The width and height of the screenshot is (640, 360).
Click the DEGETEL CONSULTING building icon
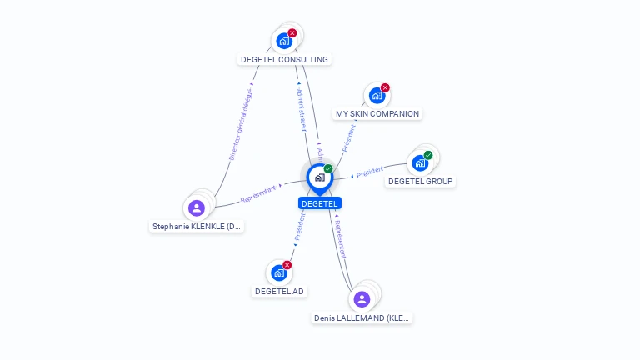tap(284, 41)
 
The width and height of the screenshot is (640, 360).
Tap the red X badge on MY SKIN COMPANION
tap(385, 87)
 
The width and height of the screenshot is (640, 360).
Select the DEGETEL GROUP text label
tap(421, 181)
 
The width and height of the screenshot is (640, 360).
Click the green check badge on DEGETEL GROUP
tap(428, 155)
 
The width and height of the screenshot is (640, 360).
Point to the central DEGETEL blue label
tap(320, 203)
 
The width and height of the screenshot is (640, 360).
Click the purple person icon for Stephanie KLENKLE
tap(197, 207)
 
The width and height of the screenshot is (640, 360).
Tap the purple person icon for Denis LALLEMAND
tap(362, 299)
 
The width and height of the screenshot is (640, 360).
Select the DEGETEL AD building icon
tap(279, 272)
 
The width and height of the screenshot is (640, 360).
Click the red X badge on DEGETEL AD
tap(287, 264)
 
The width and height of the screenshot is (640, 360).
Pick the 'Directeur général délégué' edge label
tap(241, 124)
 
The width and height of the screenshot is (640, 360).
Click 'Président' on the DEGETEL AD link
tap(300, 226)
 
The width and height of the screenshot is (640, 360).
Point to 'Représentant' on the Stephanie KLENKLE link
tap(258, 194)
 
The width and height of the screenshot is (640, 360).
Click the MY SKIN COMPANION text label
tap(377, 113)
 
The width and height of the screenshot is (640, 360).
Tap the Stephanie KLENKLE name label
tap(197, 226)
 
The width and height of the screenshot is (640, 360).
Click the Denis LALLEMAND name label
tap(362, 317)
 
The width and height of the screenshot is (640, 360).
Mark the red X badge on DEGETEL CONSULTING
tap(292, 32)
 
